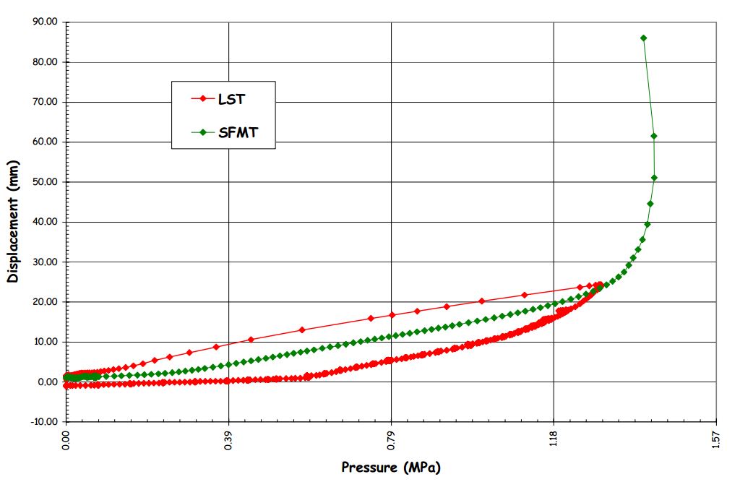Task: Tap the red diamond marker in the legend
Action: [204, 99]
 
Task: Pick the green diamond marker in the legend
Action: [204, 132]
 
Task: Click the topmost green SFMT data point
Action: [643, 38]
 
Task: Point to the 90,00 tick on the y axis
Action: [45, 22]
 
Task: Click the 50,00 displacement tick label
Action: [45, 182]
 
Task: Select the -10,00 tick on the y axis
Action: [43, 422]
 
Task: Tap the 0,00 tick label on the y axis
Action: [48, 382]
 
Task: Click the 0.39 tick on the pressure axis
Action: [229, 439]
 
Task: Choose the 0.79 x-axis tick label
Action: [392, 439]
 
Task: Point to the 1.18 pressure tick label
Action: [554, 439]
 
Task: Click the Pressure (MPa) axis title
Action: [390, 468]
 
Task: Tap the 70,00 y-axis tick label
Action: [45, 103]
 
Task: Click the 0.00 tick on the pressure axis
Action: [66, 439]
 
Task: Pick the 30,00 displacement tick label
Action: [45, 262]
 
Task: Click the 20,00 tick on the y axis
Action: [45, 302]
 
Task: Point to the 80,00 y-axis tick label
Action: [45, 62]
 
